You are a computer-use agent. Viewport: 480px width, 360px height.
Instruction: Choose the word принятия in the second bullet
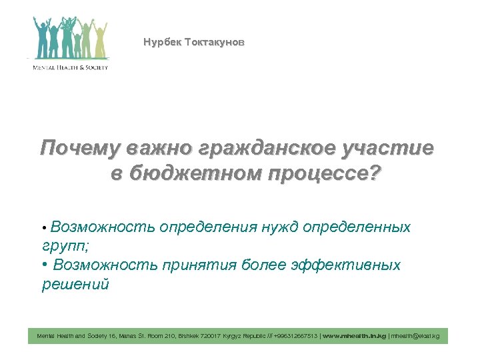point(201,265)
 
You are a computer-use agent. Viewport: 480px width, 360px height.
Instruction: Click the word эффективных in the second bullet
point(346,265)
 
